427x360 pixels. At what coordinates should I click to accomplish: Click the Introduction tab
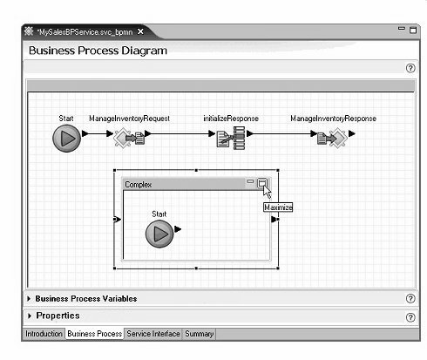44,334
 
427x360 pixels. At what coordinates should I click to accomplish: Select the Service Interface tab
153,334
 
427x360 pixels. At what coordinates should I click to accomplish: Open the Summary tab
200,334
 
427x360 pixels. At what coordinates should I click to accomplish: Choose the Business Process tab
95,334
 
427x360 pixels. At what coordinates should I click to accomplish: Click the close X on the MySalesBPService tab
140,31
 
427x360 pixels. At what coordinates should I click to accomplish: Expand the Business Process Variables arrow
29,299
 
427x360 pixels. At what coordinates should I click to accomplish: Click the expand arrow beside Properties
30,316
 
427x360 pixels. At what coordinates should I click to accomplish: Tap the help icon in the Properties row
410,317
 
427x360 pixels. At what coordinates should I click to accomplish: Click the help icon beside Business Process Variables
410,298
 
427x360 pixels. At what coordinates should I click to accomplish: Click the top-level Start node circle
66,139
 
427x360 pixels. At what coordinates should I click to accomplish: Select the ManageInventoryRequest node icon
129,138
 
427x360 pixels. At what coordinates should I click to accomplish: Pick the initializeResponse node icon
231,138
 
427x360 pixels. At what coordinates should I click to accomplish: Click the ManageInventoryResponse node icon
332,138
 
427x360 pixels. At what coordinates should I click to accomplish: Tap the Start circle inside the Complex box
159,234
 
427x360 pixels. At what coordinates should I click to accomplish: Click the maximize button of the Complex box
262,183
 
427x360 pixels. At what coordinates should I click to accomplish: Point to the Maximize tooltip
278,207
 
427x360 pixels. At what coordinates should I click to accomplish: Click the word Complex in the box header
139,185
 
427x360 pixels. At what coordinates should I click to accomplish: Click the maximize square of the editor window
413,31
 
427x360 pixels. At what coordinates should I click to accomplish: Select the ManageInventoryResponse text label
333,119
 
